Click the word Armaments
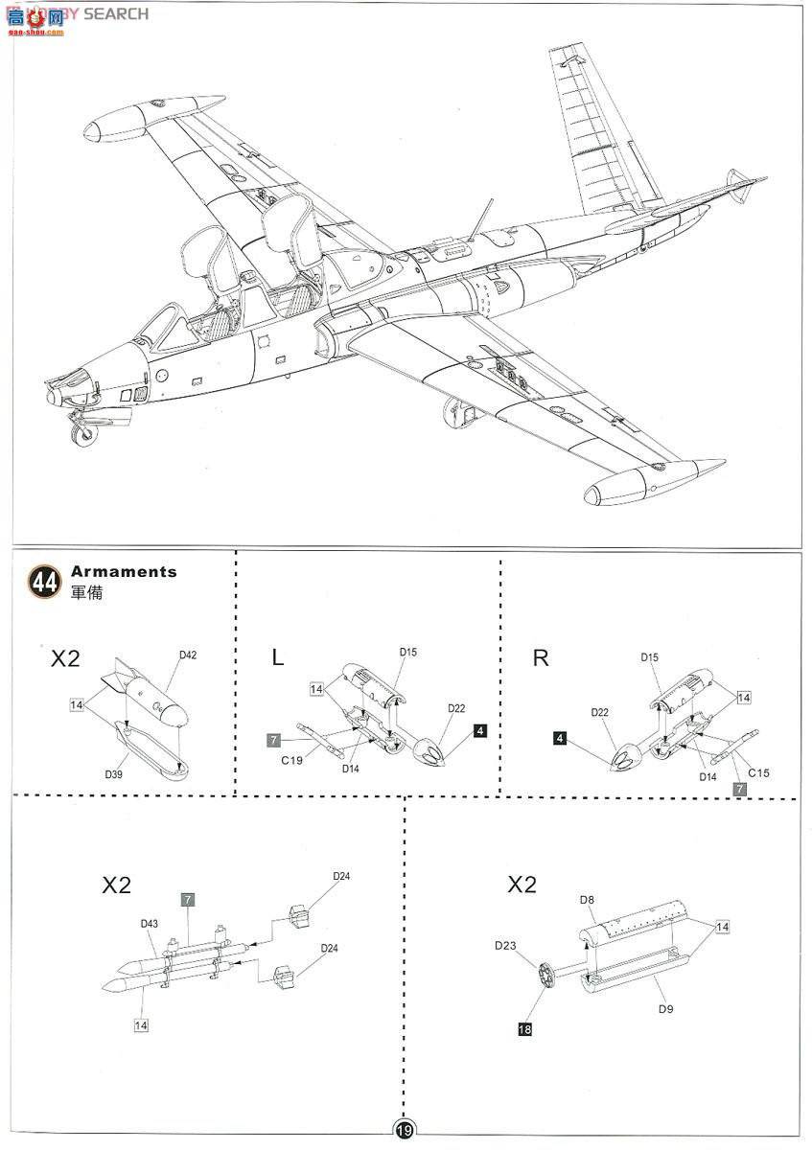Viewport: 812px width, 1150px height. click(x=124, y=571)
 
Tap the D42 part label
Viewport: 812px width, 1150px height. click(x=187, y=655)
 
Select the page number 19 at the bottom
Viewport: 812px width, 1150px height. click(x=404, y=1132)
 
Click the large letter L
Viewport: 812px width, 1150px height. click(x=278, y=658)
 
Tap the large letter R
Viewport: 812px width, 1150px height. click(x=540, y=658)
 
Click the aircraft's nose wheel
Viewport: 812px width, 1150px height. click(x=84, y=433)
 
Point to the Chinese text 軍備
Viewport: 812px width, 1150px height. click(x=86, y=592)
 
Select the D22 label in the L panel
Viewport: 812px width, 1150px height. click(x=455, y=708)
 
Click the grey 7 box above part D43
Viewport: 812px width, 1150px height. click(x=188, y=899)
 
